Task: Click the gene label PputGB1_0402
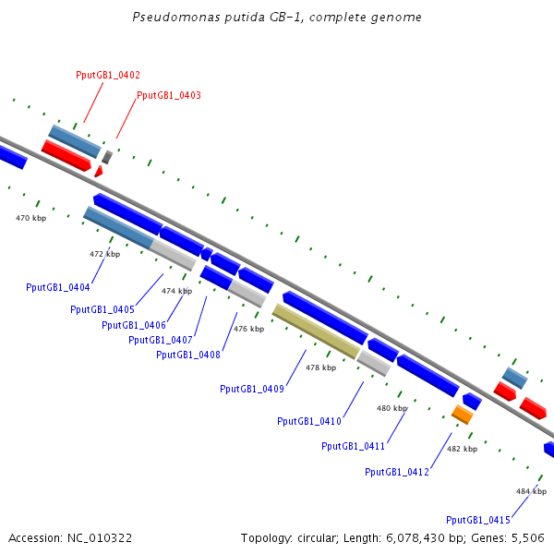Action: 108,76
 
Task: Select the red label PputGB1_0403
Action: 169,95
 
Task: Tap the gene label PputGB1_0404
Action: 58,287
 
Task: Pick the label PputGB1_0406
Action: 134,325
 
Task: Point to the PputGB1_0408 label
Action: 188,355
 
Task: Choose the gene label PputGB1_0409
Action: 252,389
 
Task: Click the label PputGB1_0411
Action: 353,446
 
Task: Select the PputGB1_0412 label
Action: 397,472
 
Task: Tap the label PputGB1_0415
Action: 478,520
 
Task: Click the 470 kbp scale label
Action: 30,218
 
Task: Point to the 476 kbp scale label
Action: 248,329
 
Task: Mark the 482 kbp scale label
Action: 463,449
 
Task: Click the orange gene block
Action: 463,415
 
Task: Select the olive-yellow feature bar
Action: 316,331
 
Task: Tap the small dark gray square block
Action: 107,157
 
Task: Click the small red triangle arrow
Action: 99,172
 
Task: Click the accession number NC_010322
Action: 100,538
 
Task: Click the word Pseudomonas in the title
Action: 176,17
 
